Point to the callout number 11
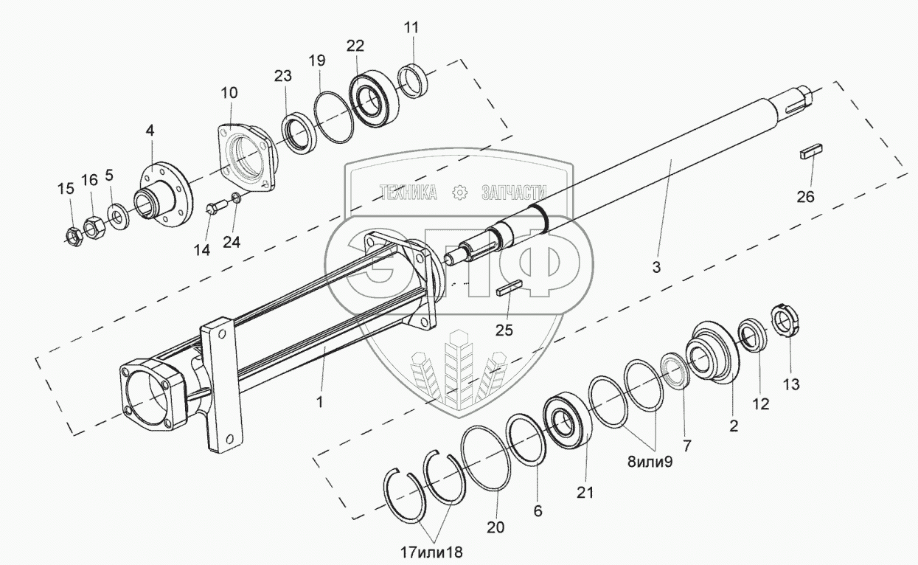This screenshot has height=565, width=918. (x=411, y=29)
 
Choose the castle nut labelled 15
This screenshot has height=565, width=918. (x=72, y=235)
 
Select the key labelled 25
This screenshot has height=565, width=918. (x=510, y=288)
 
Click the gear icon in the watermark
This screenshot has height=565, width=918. (x=459, y=193)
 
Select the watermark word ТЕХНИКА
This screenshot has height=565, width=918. (x=407, y=193)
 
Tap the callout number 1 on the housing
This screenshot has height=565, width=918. (x=319, y=403)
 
